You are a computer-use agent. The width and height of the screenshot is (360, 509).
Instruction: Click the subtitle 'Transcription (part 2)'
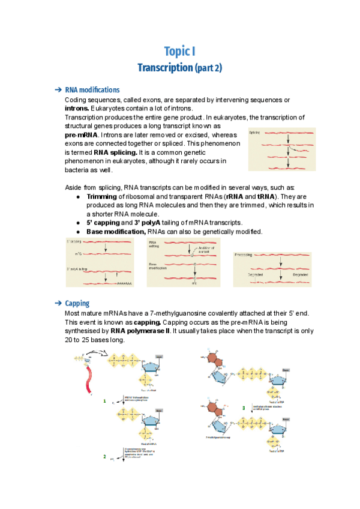[x=179, y=67]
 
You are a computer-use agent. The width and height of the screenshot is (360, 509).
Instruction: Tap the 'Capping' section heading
[x=77, y=303]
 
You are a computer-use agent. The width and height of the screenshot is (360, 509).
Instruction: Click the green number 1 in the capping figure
[x=104, y=400]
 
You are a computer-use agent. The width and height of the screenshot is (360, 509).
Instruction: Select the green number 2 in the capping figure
[x=104, y=456]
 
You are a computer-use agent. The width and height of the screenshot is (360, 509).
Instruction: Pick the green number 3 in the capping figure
[x=243, y=408]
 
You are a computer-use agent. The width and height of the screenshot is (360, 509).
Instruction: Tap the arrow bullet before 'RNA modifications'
[x=58, y=90]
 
